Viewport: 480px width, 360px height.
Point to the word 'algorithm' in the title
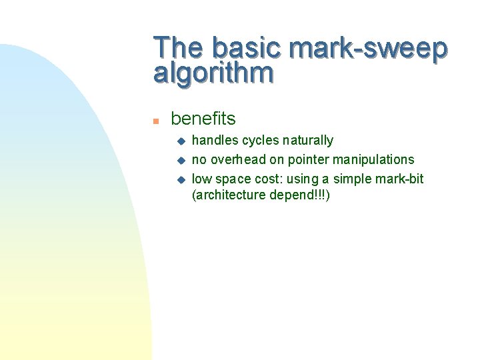(213, 73)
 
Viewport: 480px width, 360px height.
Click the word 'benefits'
(203, 119)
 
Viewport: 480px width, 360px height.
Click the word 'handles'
(215, 141)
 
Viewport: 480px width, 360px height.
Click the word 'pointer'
(309, 160)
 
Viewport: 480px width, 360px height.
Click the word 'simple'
(351, 179)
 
